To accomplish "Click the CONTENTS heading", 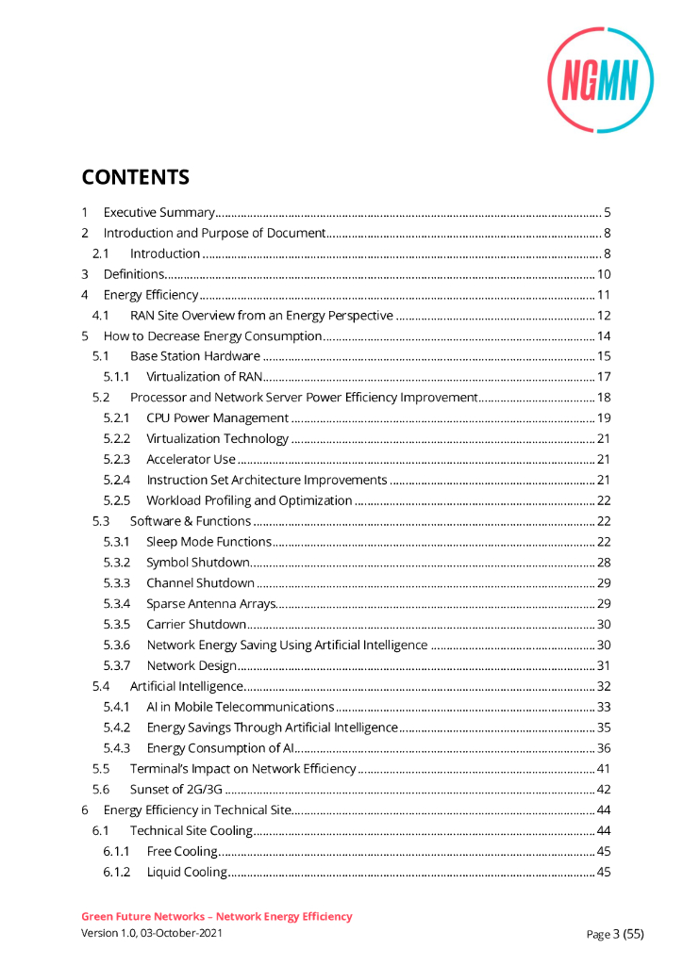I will [x=135, y=177].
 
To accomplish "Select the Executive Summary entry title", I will [x=159, y=212].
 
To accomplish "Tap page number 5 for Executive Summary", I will [x=608, y=212].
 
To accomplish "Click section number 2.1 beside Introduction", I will [x=101, y=254].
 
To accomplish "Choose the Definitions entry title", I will [x=134, y=274].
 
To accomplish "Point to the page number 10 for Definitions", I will [x=605, y=274].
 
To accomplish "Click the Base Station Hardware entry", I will [x=194, y=356].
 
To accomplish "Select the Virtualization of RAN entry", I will [x=204, y=377].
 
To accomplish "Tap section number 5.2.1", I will [x=117, y=417].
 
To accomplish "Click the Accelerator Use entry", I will [x=191, y=459].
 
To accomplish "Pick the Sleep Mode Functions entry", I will [x=208, y=542].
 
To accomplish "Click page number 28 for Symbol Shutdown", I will [x=604, y=563].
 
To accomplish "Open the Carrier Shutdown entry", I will [x=196, y=624].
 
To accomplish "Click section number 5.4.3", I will [x=117, y=748].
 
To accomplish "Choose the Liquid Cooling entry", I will [x=187, y=872].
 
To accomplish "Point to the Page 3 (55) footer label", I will [x=615, y=934].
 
